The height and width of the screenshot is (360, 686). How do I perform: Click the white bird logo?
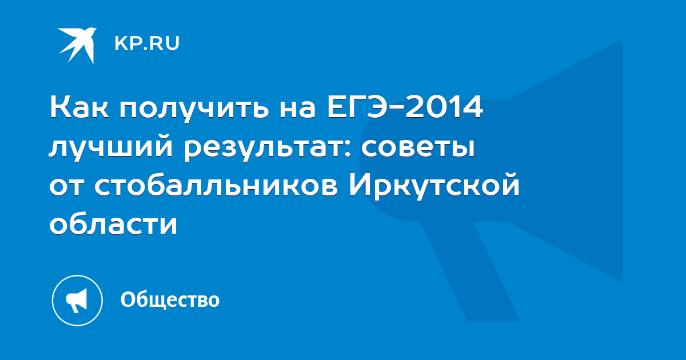click(x=77, y=45)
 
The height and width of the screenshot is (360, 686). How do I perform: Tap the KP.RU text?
click(x=147, y=43)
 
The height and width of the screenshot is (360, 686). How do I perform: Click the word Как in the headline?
click(x=79, y=107)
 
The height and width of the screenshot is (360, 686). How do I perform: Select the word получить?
click(x=194, y=109)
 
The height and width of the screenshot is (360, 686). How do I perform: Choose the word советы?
click(x=418, y=147)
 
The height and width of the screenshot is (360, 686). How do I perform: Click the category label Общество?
click(x=170, y=299)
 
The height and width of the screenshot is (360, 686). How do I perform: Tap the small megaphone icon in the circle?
click(x=77, y=301)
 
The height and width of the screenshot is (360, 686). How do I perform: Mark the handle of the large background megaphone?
click(x=470, y=271)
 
